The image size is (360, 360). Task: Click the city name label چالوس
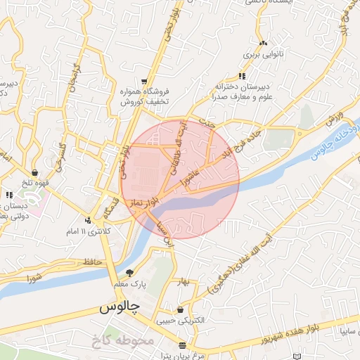click(119, 307)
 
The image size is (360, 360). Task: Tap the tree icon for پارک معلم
click(129, 273)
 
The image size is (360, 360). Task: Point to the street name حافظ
click(93, 262)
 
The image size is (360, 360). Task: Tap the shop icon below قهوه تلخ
click(34, 172)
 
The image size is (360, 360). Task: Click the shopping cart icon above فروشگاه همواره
click(145, 82)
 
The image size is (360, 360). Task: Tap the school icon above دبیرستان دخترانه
click(243, 76)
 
